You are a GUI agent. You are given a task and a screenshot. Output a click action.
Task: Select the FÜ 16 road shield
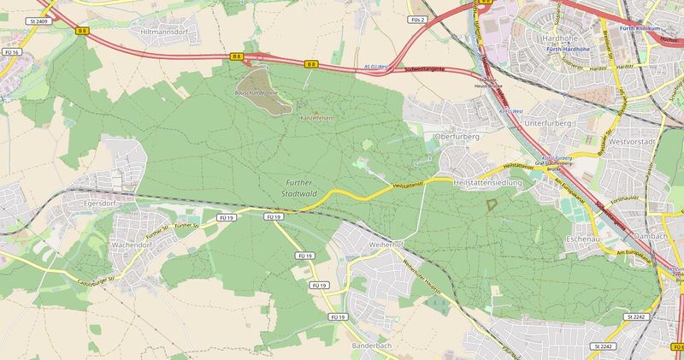10,53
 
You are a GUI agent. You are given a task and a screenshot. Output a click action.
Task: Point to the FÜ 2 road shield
417,19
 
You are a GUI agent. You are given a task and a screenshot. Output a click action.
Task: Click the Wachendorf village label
133,244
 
